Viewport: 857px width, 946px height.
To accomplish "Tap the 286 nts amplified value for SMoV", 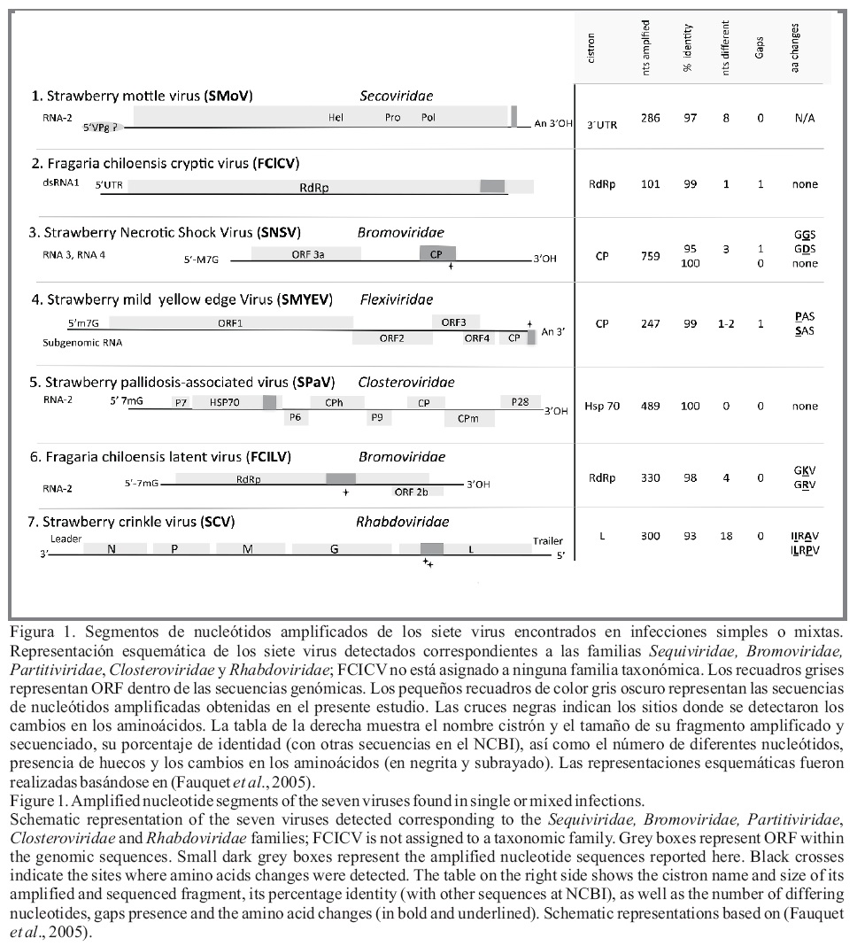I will point(650,118).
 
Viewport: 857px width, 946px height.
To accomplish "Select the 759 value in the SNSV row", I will point(650,257).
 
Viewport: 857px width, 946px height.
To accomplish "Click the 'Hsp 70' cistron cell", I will point(602,407).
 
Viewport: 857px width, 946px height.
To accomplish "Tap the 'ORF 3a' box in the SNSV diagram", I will point(306,253).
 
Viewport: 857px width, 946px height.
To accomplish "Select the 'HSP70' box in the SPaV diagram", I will point(227,402).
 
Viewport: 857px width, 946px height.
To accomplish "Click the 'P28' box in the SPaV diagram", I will point(520,402).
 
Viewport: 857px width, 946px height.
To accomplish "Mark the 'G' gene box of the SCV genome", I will point(334,549).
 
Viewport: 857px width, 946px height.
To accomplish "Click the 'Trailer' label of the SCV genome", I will point(547,539).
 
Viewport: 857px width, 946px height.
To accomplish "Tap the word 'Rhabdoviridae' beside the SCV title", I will point(402,521).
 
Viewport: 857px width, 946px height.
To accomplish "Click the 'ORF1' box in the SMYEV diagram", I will point(230,322).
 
